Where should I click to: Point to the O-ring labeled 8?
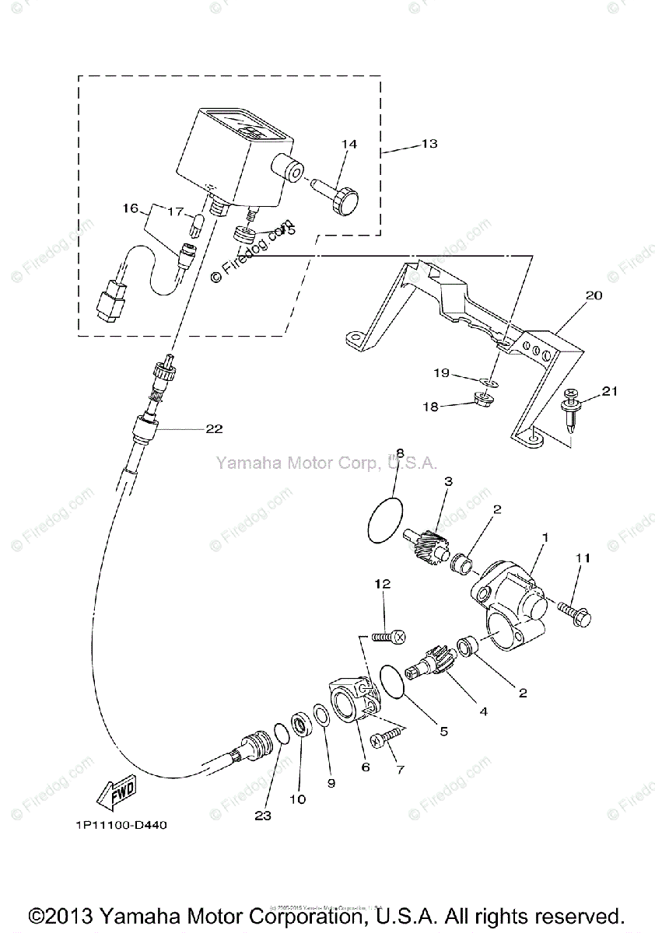(385, 519)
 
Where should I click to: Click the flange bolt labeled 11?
(573, 615)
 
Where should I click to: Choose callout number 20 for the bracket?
(594, 296)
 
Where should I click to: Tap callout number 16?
(129, 208)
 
